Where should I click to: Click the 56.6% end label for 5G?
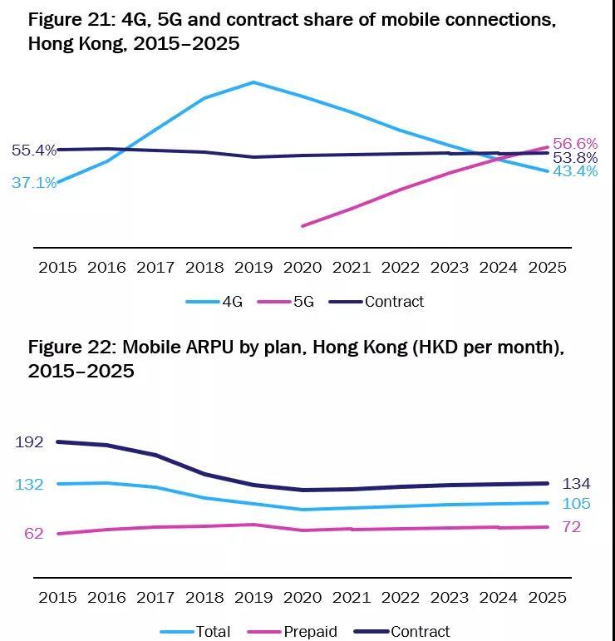575,144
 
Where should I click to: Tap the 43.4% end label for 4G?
575,171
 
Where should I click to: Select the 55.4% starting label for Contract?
34,150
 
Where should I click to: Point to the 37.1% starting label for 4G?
34,183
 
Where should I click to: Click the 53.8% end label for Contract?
575,158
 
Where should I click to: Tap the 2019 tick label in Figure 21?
253,268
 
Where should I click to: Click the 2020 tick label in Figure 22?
302,598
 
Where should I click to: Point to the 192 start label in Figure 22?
29,442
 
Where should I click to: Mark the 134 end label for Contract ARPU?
576,484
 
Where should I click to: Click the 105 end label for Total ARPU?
576,503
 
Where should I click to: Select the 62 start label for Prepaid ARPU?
33,533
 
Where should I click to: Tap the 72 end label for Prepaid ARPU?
571,527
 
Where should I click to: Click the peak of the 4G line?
253,82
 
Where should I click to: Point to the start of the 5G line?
302,225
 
